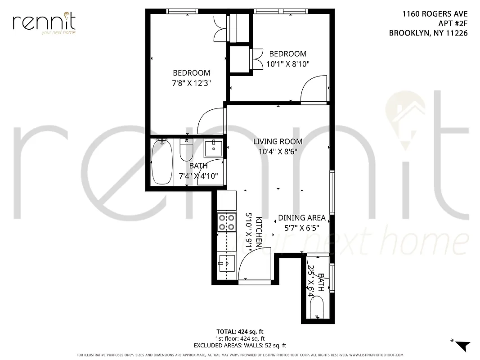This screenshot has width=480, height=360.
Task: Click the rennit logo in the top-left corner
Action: point(44,23)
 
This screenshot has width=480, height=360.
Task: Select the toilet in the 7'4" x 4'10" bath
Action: point(186,150)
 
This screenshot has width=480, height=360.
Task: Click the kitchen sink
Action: point(226,262)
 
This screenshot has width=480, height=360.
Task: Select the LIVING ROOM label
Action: point(278,142)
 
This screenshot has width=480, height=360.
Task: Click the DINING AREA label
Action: point(301,218)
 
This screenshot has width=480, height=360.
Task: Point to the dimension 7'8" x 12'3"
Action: point(192,83)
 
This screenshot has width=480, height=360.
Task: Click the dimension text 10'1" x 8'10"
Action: point(288,64)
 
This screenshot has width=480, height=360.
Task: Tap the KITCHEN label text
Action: point(259,232)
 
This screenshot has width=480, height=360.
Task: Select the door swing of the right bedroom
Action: point(313,91)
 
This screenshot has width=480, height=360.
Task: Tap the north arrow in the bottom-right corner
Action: point(462,346)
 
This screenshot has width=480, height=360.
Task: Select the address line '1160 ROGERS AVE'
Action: point(435,14)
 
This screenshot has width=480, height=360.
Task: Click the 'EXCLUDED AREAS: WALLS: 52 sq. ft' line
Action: point(240,346)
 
